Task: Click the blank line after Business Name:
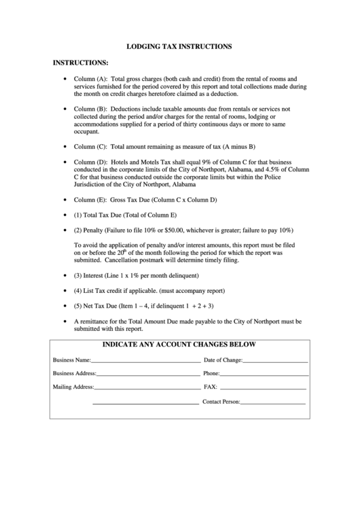pyautogui.click(x=145, y=362)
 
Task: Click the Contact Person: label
pyautogui.click(x=221, y=402)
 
